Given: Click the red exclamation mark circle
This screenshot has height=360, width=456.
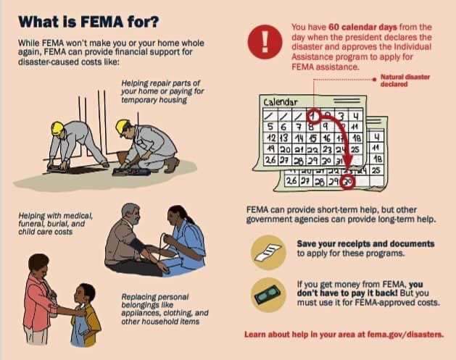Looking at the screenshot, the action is tap(265, 42).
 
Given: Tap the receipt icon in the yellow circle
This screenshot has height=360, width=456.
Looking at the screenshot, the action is tap(268, 253).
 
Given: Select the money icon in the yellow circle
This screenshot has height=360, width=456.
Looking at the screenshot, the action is tap(268, 295).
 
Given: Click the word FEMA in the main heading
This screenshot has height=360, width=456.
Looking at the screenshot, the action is tap(101, 22).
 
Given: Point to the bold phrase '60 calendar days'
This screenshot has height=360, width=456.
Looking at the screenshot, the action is tap(362, 28).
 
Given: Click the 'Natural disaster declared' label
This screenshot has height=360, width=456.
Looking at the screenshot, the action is tap(405, 80).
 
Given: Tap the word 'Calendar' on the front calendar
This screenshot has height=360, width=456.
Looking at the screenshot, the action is tap(281, 102).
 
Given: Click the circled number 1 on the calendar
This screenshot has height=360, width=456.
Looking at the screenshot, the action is tap(313, 116).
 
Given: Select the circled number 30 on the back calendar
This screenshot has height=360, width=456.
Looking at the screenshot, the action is tap(348, 183).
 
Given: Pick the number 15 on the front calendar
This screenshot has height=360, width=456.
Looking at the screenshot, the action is tap(313, 138).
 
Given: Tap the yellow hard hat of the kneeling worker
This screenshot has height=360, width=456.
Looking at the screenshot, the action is tap(122, 127).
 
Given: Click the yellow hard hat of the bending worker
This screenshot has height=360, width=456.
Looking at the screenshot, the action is tap(57, 127).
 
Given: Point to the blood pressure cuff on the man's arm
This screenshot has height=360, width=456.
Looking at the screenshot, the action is tap(137, 246).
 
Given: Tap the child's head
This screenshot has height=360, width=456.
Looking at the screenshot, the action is tap(85, 294).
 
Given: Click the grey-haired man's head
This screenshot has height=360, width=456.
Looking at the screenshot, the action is tap(131, 214).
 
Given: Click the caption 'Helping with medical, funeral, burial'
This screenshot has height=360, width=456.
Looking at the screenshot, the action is tap(56, 219).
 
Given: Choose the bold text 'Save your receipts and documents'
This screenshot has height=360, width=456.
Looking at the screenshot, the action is tap(365, 244).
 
